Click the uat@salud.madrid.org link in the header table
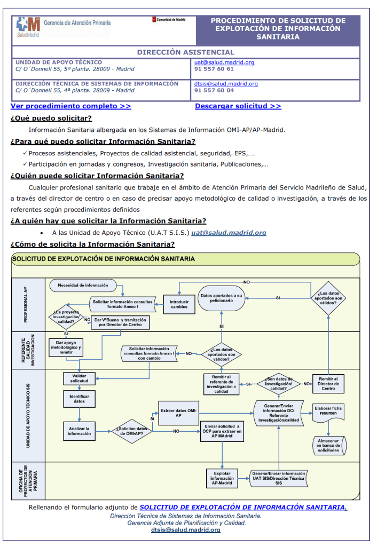(x=224, y=62)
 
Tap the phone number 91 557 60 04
(x=214, y=90)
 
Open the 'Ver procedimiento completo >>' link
(x=71, y=106)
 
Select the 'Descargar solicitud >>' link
(x=238, y=106)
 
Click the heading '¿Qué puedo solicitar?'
(x=51, y=119)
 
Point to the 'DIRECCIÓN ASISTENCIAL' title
(x=186, y=52)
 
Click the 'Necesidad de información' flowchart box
(x=83, y=286)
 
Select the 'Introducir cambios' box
(x=179, y=304)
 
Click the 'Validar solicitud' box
(x=79, y=378)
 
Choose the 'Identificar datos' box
(x=79, y=398)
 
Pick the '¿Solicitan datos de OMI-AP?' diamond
(x=130, y=430)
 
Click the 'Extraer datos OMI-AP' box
(x=178, y=413)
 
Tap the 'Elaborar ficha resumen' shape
(x=328, y=411)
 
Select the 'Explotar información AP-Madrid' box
(x=222, y=478)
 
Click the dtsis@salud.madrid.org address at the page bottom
(x=185, y=530)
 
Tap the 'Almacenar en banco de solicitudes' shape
(x=328, y=444)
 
